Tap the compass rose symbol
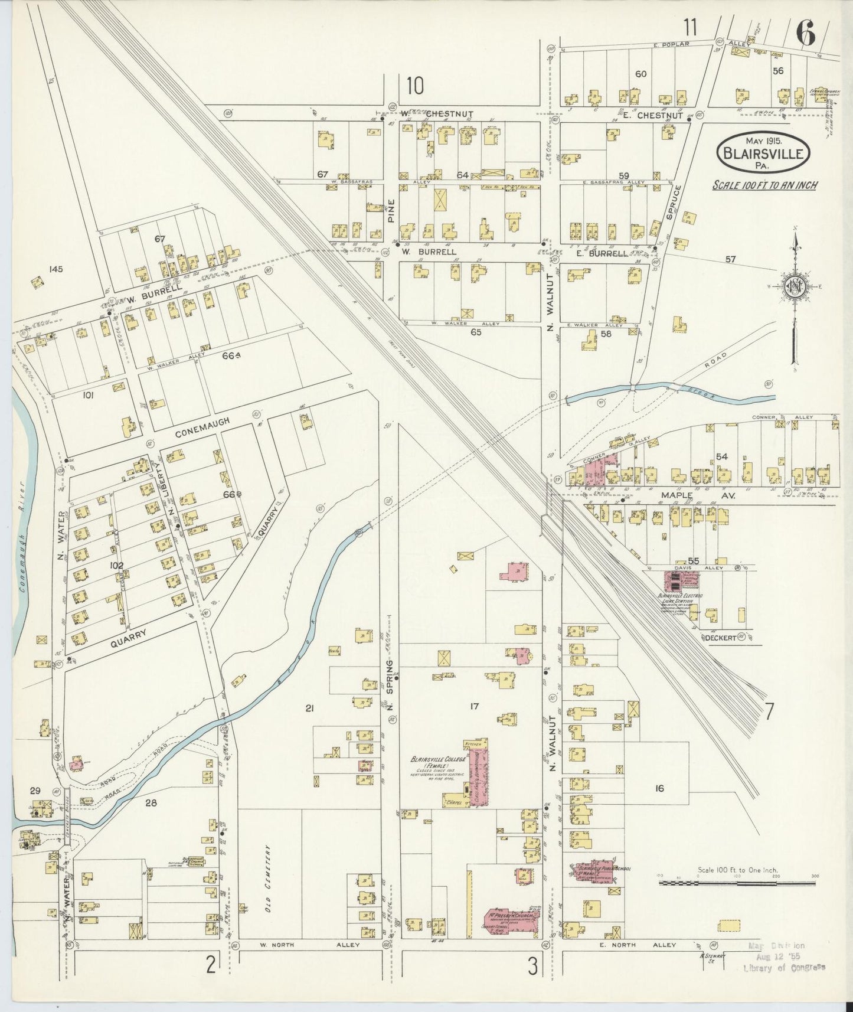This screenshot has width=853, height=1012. tap(795, 288)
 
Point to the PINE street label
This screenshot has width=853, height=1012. tap(390, 208)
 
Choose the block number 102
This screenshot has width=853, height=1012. tap(116, 566)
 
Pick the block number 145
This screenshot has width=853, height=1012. tap(57, 269)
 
